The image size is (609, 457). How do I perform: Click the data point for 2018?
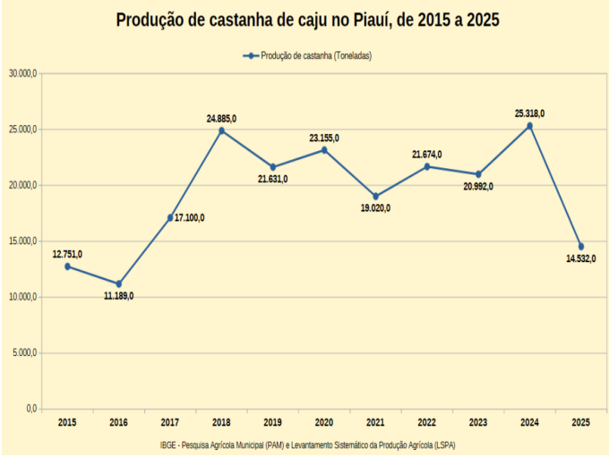tap(221, 131)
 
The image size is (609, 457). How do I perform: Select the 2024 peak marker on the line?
tap(529, 126)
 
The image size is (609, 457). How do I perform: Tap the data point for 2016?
tap(118, 284)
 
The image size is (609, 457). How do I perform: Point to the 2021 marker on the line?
tap(375, 196)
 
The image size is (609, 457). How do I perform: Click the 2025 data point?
tap(580, 246)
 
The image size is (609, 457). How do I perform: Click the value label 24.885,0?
tap(221, 118)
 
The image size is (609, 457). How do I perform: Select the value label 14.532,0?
tap(580, 258)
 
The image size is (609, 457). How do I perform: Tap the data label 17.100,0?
tap(190, 217)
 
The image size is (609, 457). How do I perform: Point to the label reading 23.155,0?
tap(324, 138)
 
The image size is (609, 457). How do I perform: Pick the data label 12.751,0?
tap(67, 254)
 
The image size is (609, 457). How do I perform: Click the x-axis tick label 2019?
tap(272, 422)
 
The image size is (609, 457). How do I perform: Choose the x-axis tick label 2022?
tap(426, 422)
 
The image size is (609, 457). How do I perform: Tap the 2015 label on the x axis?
tap(67, 422)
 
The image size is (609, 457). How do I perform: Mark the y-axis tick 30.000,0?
tap(21, 73)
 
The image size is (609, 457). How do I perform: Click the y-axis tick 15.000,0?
tap(21, 241)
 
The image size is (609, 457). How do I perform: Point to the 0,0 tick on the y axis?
tap(30, 409)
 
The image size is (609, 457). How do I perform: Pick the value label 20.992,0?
tap(478, 186)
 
